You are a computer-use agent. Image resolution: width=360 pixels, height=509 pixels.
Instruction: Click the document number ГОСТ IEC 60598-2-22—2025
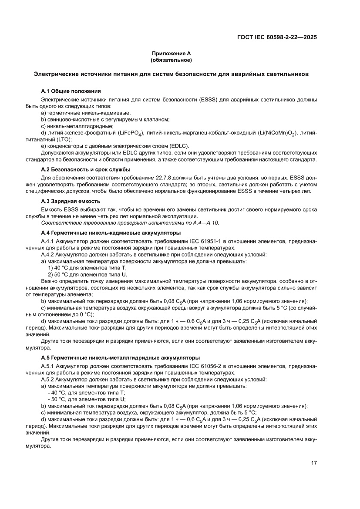pos(276,37)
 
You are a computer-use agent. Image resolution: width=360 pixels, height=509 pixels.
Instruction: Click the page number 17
pos(313,463)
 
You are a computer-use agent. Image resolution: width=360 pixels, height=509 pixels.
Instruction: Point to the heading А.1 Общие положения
pos(71,91)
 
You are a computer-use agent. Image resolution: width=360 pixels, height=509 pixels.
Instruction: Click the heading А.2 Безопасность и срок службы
pos(86,169)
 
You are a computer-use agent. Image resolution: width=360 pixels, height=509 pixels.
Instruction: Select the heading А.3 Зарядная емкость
pos(71,201)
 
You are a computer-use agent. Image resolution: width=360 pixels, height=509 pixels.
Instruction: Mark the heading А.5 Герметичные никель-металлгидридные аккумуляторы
pos(120,357)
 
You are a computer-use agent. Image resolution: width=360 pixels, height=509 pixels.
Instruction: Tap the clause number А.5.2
pos(47,379)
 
